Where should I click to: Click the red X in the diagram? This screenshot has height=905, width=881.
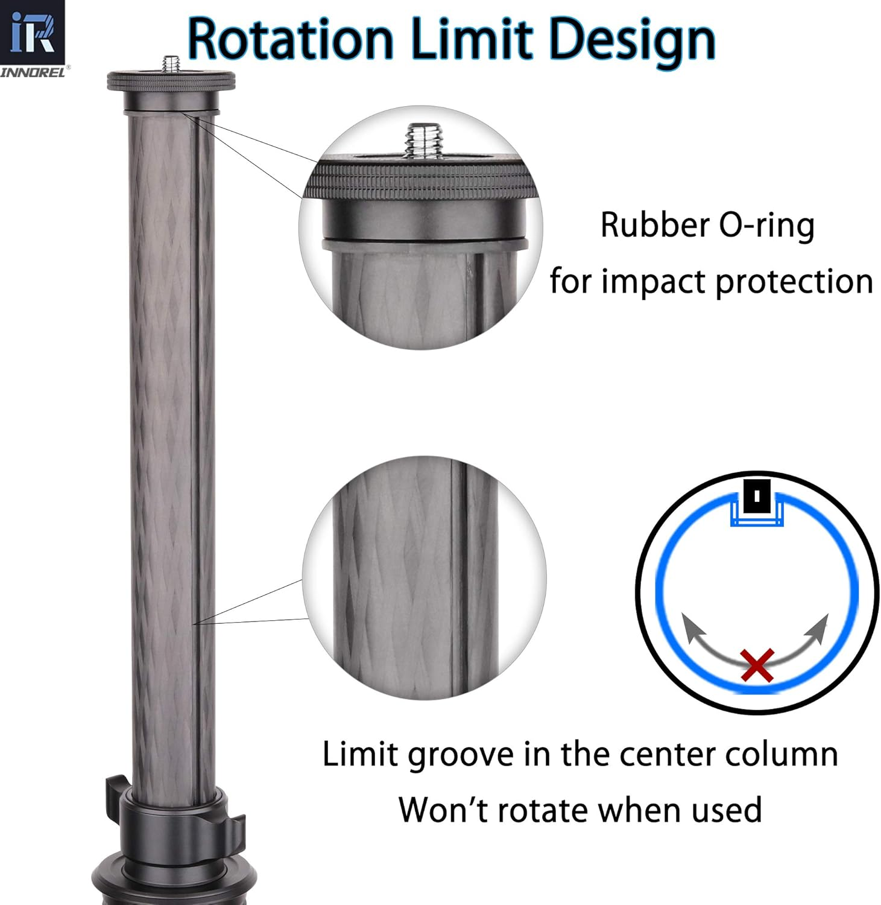[x=757, y=665]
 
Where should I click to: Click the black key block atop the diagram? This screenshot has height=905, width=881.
[x=757, y=497]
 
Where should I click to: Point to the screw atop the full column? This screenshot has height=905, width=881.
[x=171, y=63]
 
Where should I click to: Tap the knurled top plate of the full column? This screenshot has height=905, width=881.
[x=171, y=81]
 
